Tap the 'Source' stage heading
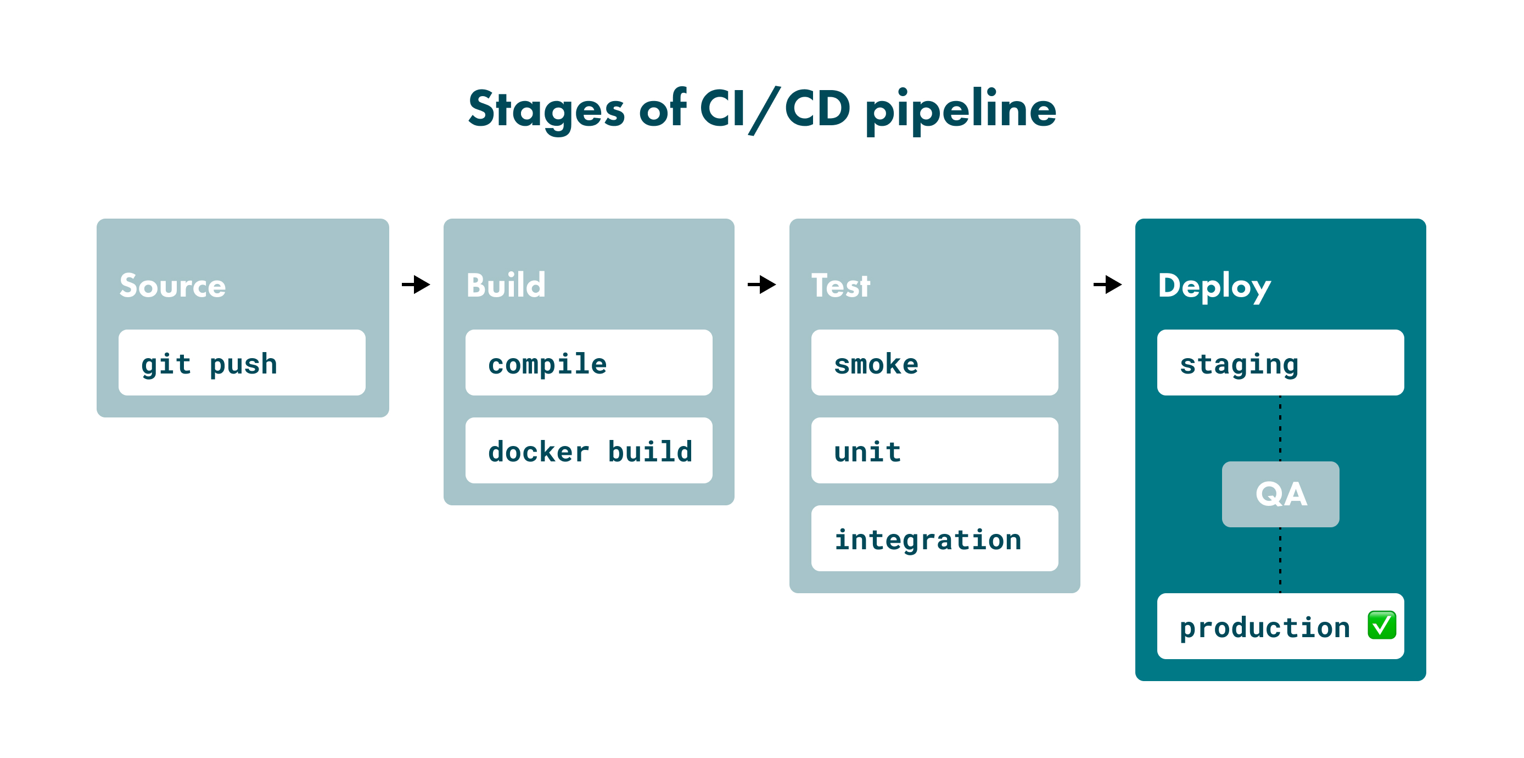(172, 286)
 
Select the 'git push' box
(242, 363)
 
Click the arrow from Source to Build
(416, 285)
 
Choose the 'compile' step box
(588, 363)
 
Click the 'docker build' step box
(588, 451)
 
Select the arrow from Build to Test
(761, 285)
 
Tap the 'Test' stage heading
(840, 286)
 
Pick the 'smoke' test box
(934, 363)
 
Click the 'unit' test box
(934, 451)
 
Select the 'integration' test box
(934, 538)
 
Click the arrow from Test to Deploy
(1107, 285)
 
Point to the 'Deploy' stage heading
(1214, 286)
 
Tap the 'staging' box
(1280, 363)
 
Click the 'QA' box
(1280, 494)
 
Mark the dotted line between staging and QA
(1280, 428)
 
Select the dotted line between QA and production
(1280, 560)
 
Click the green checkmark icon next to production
(1381, 626)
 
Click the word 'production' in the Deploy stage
(1264, 627)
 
